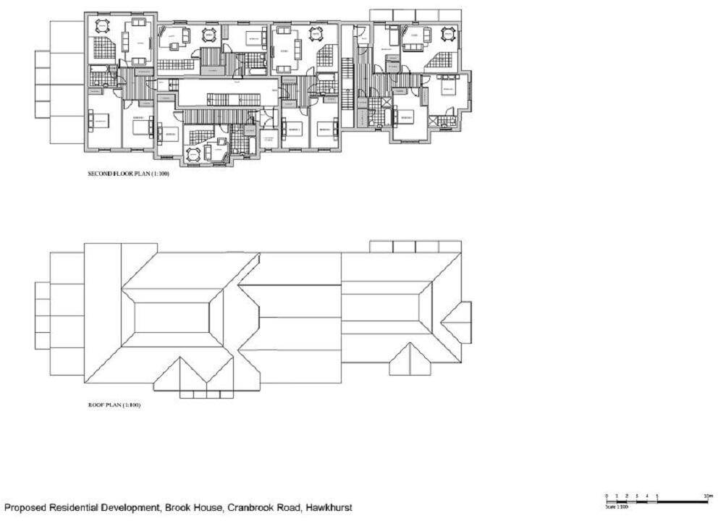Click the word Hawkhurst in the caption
pos(325,508)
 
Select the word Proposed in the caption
pos(26,508)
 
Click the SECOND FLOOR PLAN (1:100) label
pos(128,174)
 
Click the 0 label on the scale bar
pos(607,496)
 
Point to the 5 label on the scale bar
pos(657,496)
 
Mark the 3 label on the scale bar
pos(637,496)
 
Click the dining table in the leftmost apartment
pos(102,27)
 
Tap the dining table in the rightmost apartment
pos(447,33)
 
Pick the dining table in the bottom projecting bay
pos(194,154)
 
